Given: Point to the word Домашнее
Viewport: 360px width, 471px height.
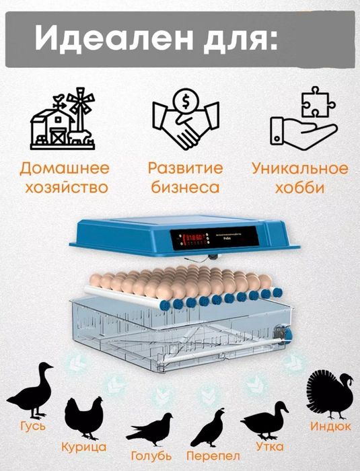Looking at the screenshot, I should pyautogui.click(x=65, y=168).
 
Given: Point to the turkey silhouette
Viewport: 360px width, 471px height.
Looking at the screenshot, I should pyautogui.click(x=330, y=394).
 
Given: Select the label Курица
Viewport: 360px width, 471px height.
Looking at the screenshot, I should pyautogui.click(x=83, y=447).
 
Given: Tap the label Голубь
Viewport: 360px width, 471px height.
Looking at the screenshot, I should pyautogui.click(x=151, y=456).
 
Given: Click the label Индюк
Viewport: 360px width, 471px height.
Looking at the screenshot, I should pyautogui.click(x=330, y=427).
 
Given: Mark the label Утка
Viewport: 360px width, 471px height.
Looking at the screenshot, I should pyautogui.click(x=269, y=446).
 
